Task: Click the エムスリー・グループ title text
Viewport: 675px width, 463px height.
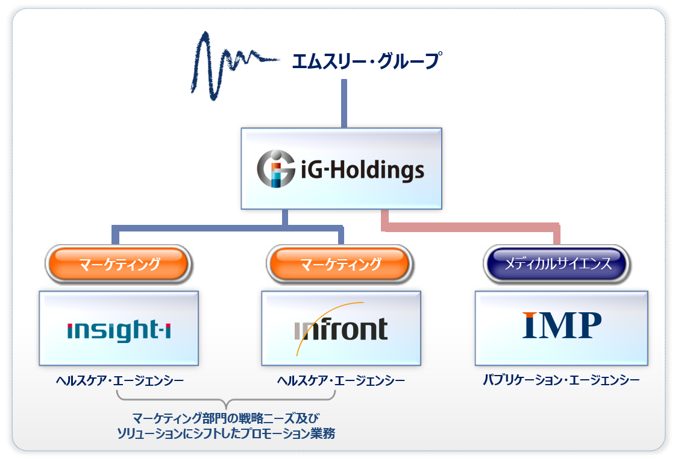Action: pyautogui.click(x=365, y=61)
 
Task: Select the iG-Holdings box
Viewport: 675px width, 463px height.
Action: pyautogui.click(x=341, y=168)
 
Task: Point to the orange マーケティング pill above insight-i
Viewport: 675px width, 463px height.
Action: pyautogui.click(x=118, y=264)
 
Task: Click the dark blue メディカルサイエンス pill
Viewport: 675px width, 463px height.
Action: pyautogui.click(x=557, y=263)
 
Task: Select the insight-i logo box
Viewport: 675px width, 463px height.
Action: pyautogui.click(x=119, y=328)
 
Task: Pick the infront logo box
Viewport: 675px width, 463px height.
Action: pyautogui.click(x=341, y=328)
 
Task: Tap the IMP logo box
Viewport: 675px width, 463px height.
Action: pyautogui.click(x=561, y=328)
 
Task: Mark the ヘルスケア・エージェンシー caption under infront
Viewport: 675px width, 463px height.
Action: pyautogui.click(x=341, y=381)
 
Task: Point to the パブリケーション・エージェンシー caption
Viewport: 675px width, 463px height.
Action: pyautogui.click(x=561, y=381)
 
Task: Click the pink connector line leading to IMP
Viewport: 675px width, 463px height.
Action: pyautogui.click(x=470, y=227)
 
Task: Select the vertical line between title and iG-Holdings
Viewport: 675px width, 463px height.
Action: pyautogui.click(x=344, y=102)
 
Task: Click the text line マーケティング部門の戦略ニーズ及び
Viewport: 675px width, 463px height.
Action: pyautogui.click(x=225, y=418)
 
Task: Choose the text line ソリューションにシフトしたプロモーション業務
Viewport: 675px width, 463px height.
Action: pyautogui.click(x=225, y=433)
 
